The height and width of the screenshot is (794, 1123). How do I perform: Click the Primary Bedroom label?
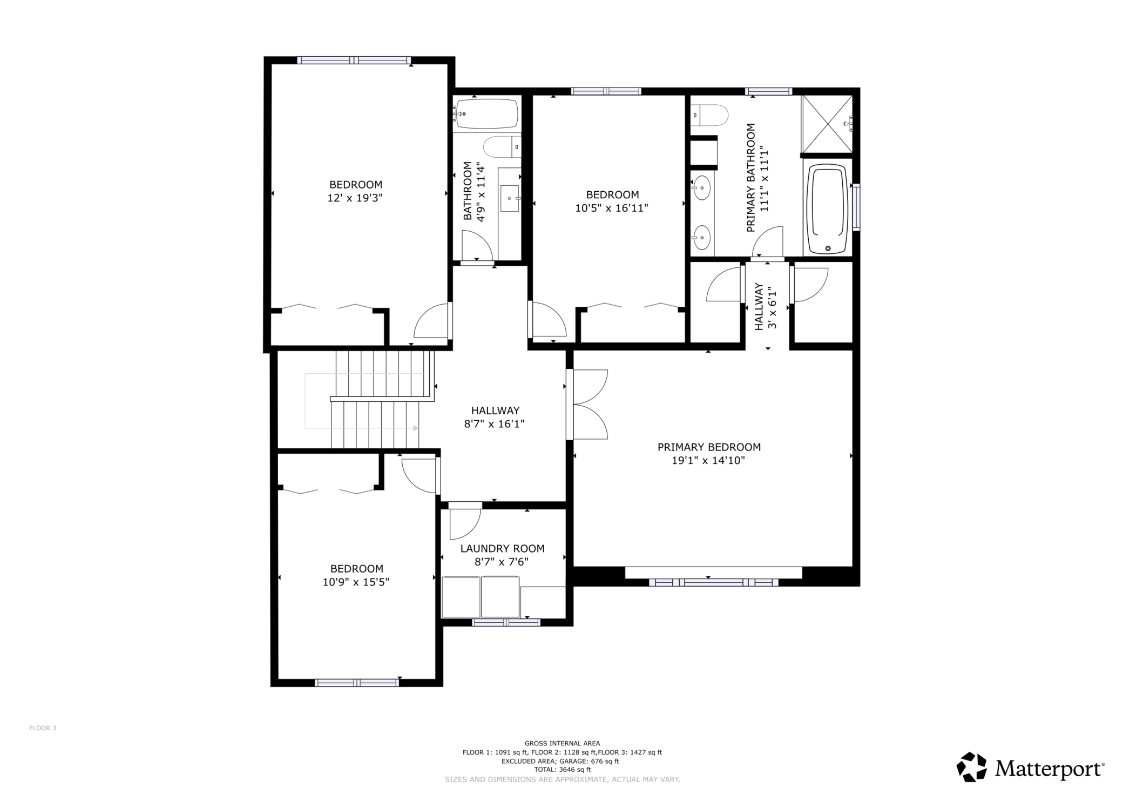pyautogui.click(x=709, y=447)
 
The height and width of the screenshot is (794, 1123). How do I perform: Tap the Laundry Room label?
pyautogui.click(x=502, y=549)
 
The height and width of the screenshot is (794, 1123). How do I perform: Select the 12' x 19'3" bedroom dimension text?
pyautogui.click(x=355, y=198)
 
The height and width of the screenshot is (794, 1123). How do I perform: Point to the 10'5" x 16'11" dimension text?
pyautogui.click(x=612, y=208)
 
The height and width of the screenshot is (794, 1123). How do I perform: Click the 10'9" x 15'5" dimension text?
pyautogui.click(x=356, y=582)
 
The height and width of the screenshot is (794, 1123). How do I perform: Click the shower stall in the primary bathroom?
pyautogui.click(x=827, y=124)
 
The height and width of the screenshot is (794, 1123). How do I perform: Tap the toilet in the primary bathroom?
pyautogui.click(x=709, y=115)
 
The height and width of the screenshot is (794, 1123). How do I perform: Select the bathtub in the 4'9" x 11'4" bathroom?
pyautogui.click(x=486, y=113)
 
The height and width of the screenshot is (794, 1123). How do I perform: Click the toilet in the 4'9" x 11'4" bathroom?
pyautogui.click(x=502, y=146)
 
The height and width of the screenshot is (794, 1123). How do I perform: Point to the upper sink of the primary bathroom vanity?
pyautogui.click(x=701, y=188)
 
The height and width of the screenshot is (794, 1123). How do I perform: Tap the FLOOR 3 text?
pyautogui.click(x=43, y=728)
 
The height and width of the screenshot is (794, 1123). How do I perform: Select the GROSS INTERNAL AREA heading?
pyautogui.click(x=562, y=743)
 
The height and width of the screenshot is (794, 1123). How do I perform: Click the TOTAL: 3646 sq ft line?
pyautogui.click(x=562, y=770)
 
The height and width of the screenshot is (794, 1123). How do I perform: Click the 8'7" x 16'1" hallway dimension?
pyautogui.click(x=495, y=425)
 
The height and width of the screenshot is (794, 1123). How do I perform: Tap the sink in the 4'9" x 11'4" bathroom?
pyautogui.click(x=510, y=199)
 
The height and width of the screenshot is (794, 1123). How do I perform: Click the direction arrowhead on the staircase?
pyautogui.click(x=416, y=428)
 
